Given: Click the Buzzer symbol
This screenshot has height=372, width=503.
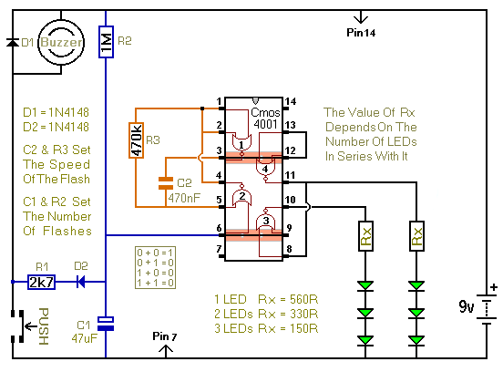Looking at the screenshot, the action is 61,42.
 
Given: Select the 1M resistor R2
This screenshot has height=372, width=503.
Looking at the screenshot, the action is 106,42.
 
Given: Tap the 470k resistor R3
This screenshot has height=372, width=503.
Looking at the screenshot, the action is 136,140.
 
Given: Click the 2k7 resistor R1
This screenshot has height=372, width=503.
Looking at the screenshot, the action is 41,282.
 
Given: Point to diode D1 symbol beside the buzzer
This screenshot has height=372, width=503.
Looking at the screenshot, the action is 13,42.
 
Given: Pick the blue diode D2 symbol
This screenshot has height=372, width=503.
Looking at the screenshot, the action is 81,282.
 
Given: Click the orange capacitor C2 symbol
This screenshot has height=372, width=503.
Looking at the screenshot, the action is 166,183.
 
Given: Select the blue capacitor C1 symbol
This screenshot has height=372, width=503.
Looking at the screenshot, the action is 106,324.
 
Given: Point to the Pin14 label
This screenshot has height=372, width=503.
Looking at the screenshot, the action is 361,33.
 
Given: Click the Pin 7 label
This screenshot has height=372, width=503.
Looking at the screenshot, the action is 165,336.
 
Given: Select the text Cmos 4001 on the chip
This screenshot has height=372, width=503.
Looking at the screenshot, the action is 265,119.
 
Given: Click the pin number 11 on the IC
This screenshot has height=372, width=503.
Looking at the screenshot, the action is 290,175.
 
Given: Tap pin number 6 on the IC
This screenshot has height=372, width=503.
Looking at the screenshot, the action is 219,228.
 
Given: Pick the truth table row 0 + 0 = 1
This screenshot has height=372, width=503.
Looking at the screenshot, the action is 155,253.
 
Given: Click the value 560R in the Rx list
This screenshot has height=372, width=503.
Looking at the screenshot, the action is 303,299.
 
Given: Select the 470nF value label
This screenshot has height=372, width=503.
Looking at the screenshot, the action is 184,198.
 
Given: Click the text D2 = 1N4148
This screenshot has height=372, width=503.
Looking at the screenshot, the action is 56,127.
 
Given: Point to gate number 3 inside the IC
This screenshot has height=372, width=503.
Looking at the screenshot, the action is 266,221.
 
